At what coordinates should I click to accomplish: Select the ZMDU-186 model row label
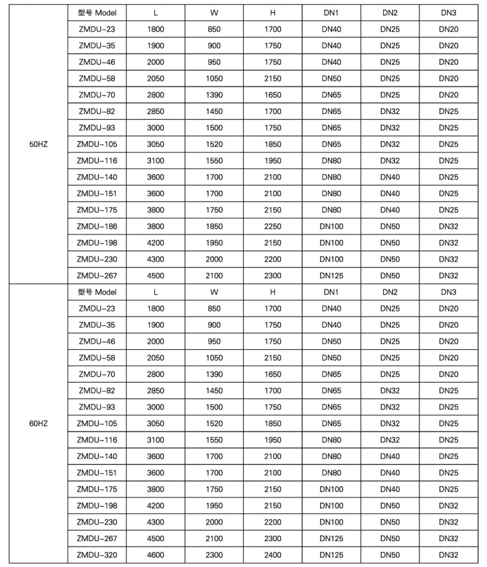point(97,227)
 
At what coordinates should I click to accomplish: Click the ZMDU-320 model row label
point(97,555)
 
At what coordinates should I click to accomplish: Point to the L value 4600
point(156,555)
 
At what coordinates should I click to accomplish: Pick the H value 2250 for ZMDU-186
point(273,227)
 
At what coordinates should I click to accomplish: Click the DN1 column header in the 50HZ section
point(331,13)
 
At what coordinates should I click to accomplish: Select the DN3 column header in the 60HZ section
point(449,292)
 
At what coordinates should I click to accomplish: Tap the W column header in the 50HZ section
point(214,13)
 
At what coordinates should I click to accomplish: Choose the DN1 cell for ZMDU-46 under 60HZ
point(331,341)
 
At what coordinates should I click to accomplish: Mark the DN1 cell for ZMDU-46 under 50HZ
point(331,62)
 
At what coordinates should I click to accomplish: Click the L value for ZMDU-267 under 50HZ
point(156,276)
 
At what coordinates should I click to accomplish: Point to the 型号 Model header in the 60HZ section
point(97,292)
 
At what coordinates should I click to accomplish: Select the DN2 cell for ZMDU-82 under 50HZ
point(390,111)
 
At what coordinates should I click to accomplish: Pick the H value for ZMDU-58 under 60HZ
point(273,358)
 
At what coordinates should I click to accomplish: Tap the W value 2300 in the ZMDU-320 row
point(214,555)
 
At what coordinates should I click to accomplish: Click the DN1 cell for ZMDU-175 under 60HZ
point(331,490)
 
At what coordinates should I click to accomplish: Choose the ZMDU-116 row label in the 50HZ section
point(97,160)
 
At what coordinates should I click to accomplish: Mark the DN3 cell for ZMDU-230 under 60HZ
point(449,522)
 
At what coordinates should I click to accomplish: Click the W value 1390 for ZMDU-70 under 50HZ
point(214,95)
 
